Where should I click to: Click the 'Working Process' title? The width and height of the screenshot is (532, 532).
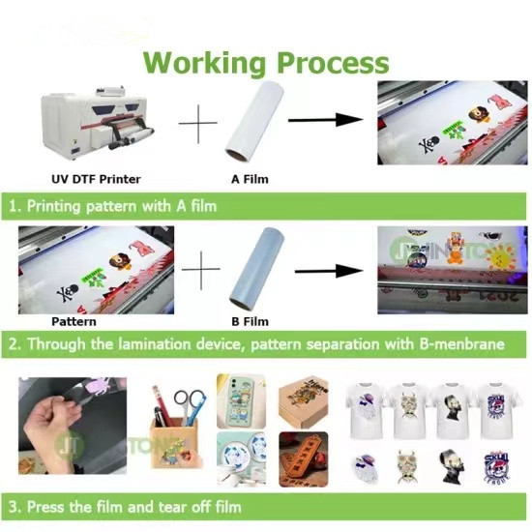point(266,63)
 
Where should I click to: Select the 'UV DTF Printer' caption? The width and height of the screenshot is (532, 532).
point(95,179)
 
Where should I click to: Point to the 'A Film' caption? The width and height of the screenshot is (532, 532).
point(250,179)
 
